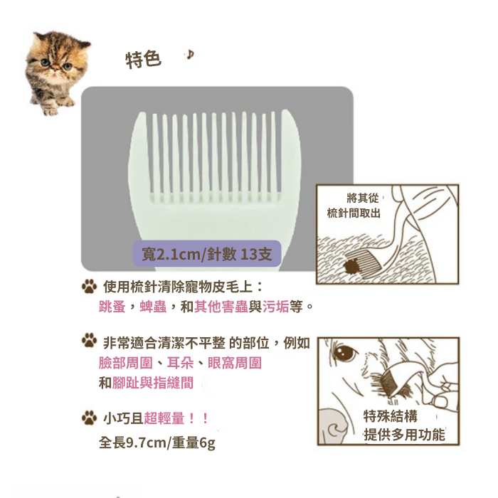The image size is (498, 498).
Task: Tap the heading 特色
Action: click(x=143, y=59)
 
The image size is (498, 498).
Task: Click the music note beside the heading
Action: click(x=190, y=55)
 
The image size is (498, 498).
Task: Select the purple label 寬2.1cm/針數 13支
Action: click(x=207, y=254)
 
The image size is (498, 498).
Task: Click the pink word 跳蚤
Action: click(x=112, y=307)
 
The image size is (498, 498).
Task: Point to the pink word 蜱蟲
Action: click(x=153, y=307)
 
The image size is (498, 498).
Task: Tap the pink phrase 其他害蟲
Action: click(x=221, y=307)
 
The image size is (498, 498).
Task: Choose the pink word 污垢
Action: click(x=276, y=307)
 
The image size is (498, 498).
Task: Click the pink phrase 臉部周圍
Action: click(x=126, y=363)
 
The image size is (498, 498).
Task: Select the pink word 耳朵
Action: click(x=180, y=363)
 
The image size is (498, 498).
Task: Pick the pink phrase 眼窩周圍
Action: click(x=235, y=363)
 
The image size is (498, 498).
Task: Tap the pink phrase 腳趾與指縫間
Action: click(x=153, y=383)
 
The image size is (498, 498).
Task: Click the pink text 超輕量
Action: click(x=164, y=418)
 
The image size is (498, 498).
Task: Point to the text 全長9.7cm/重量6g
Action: click(x=157, y=443)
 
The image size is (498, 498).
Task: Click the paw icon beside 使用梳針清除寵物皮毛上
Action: click(x=89, y=286)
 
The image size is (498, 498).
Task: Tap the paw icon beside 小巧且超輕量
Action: click(x=89, y=418)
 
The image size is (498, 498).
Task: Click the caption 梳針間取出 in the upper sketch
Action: click(x=354, y=213)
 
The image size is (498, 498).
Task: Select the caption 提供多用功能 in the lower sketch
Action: click(x=404, y=435)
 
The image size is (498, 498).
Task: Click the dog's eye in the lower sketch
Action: click(x=345, y=353)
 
